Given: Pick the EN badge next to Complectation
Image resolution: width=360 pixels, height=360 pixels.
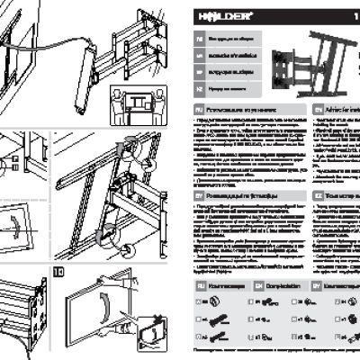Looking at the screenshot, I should [x=259, y=284].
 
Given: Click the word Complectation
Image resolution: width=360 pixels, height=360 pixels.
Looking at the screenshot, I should [x=283, y=284].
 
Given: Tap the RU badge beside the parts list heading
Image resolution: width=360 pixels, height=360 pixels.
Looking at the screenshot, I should [x=200, y=284].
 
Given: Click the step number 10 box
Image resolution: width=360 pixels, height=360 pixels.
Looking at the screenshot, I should [x=59, y=270].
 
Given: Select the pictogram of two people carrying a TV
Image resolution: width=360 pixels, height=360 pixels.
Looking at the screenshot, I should [x=140, y=106].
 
